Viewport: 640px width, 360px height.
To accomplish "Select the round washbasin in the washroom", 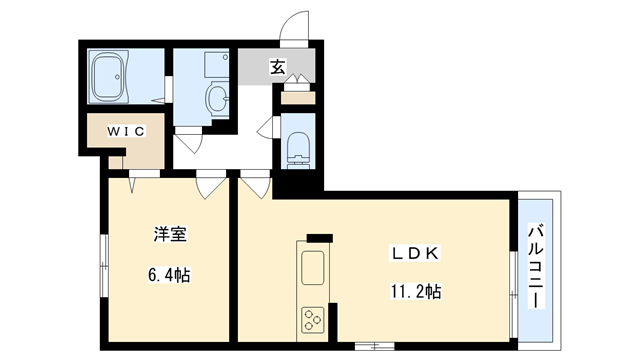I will click(217, 98).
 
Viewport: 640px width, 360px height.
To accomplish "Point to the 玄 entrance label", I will click(276, 67).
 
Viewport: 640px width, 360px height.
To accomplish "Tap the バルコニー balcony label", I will click(538, 267).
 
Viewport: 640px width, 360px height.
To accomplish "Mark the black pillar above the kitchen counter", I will click(319, 237).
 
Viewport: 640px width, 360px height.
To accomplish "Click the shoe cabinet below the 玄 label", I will click(297, 98).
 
